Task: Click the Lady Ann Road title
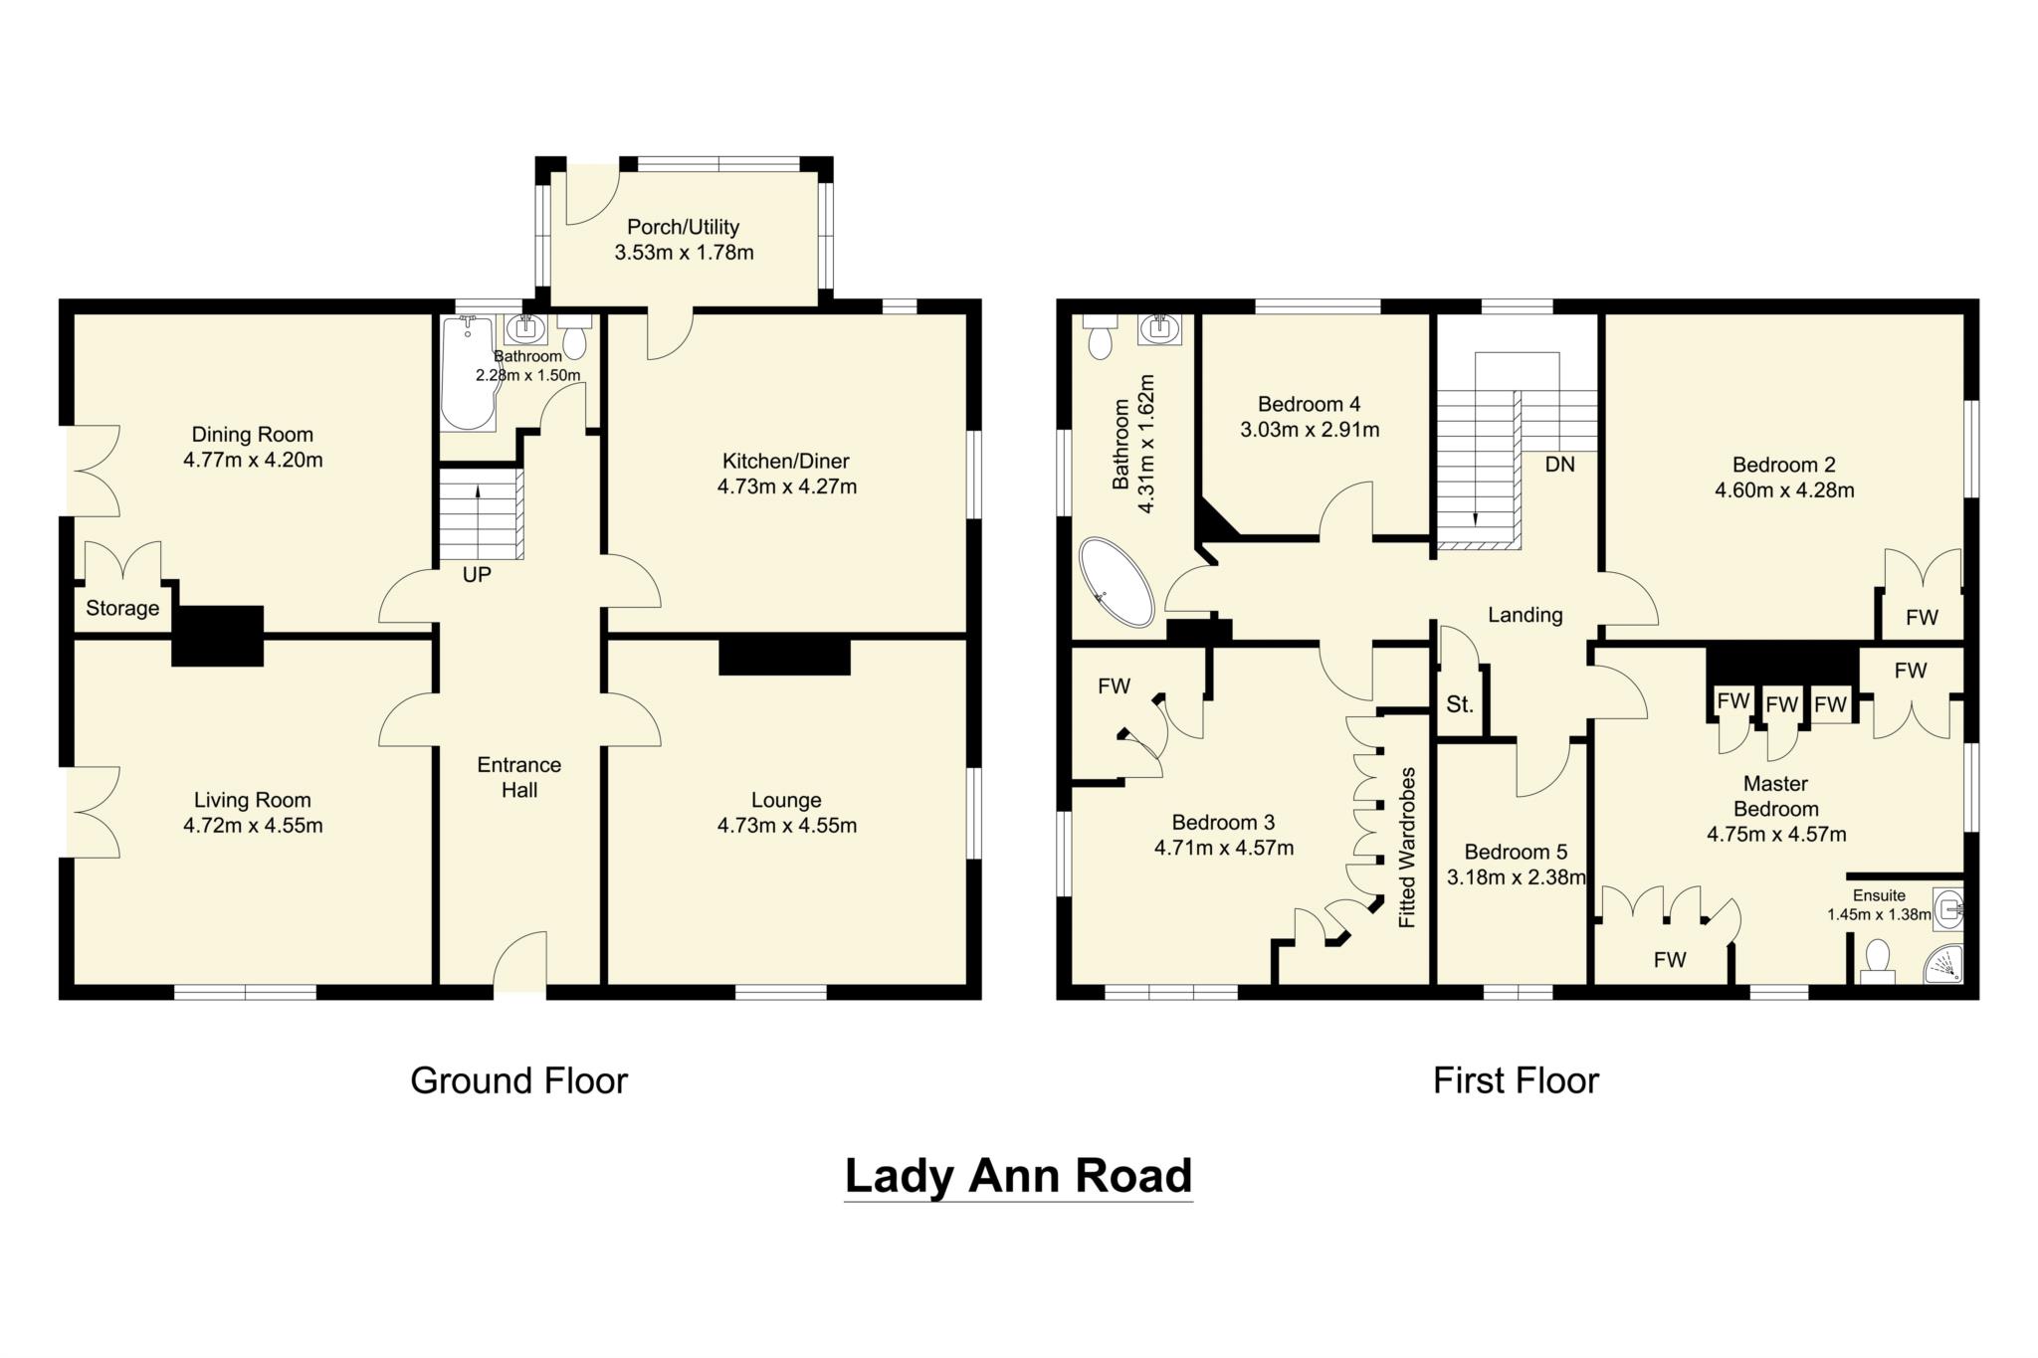pos(1018,1175)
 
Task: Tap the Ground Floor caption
pos(518,1080)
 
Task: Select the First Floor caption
pos(1515,1080)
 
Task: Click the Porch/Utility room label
pos(683,227)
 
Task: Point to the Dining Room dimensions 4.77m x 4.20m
pos(253,461)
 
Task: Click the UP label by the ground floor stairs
pos(477,575)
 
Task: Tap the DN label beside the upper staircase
pos(1559,465)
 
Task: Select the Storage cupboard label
pos(122,608)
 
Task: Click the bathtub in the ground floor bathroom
pos(466,373)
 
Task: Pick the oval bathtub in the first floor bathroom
pos(1116,583)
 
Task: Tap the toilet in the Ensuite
pos(1877,961)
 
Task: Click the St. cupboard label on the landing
pos(1459,705)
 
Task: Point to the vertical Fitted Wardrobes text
pos(1407,848)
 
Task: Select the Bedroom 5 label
pos(1515,852)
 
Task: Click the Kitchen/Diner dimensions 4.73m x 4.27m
pos(786,487)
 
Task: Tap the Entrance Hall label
pos(518,777)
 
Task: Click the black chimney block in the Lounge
pos(784,658)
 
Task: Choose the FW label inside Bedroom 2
pos(1922,617)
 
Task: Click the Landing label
pos(1525,615)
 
